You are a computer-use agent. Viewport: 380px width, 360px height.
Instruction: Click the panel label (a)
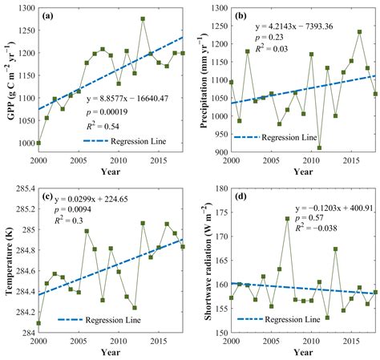(49, 16)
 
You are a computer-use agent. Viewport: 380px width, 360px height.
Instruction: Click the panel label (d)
(239, 197)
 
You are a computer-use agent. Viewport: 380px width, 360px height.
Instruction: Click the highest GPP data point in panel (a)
(143, 18)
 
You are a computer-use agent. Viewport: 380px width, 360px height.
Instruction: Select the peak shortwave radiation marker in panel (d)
(287, 218)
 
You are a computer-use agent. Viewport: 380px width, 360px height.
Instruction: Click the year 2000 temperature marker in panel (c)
(38, 323)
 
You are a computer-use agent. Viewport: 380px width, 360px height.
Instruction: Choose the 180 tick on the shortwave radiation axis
(218, 189)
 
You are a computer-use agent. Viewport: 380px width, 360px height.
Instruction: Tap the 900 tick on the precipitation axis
(216, 152)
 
